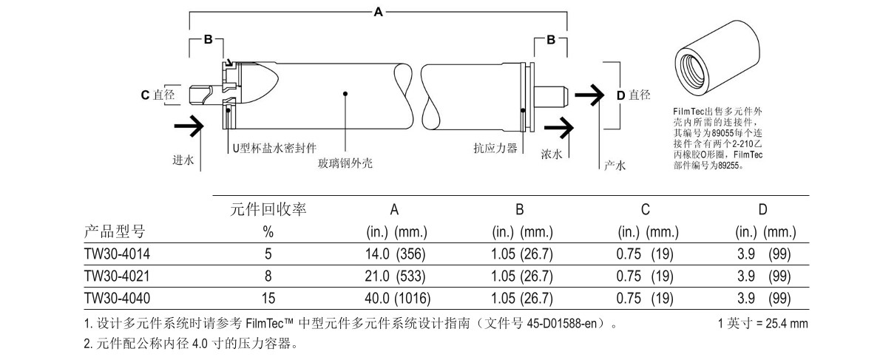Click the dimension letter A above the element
379,11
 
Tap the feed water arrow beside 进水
188,126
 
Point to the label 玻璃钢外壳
345,163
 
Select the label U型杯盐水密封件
274,148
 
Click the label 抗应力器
495,148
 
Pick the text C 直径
158,95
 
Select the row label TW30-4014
117,254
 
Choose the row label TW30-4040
117,298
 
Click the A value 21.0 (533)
396,276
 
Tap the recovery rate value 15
268,298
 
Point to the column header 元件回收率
269,210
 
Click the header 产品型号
115,231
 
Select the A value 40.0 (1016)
398,298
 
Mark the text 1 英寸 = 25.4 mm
762,324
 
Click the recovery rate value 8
268,276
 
